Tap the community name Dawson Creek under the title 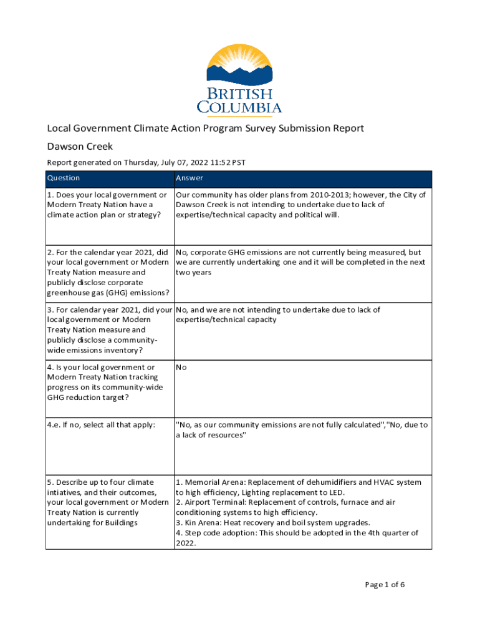click(x=80, y=147)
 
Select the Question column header click(x=64, y=178)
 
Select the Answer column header click(x=190, y=178)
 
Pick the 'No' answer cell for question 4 click(x=181, y=367)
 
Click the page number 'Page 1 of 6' click(x=385, y=585)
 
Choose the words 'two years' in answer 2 click(x=194, y=272)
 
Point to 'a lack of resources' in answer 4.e click(x=211, y=435)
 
